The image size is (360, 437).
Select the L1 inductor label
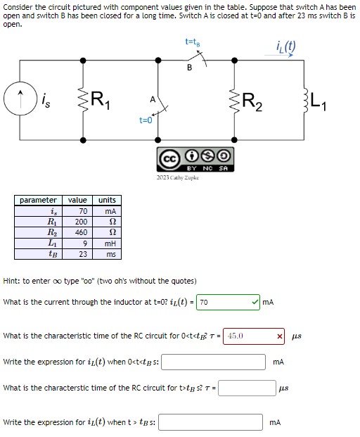pyautogui.click(x=338, y=102)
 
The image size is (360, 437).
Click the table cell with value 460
pyautogui.click(x=82, y=231)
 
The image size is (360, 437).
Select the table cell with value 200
pyautogui.click(x=82, y=220)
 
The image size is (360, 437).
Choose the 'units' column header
pyautogui.click(x=108, y=200)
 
